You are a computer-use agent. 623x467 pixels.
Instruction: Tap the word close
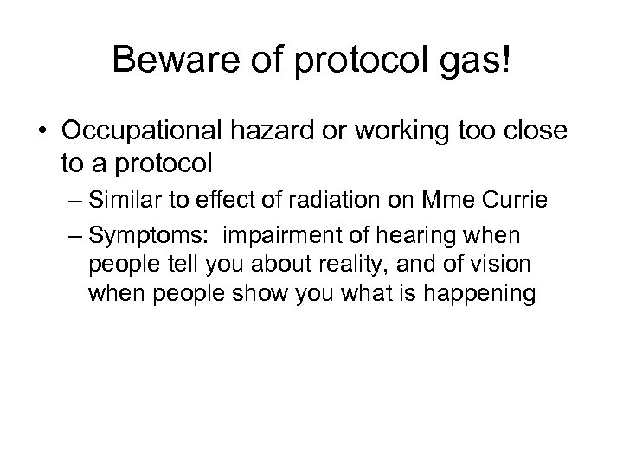[x=536, y=134]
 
